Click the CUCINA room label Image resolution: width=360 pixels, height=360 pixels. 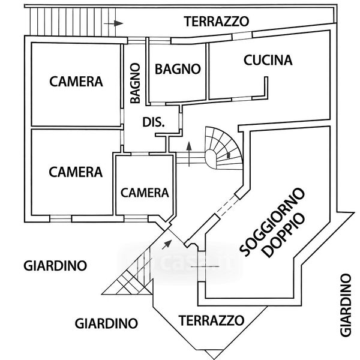(268, 60)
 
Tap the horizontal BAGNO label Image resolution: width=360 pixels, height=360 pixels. (177, 68)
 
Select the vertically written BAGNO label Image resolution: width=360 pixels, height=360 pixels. (136, 83)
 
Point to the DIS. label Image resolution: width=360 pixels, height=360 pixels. (154, 122)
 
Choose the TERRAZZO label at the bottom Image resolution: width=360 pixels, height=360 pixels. (211, 319)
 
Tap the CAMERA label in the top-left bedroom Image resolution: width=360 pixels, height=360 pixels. (76, 82)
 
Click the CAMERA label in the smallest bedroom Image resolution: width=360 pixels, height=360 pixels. (145, 193)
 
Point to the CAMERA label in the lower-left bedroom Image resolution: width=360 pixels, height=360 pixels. (76, 172)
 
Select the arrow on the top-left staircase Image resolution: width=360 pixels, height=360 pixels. (113, 23)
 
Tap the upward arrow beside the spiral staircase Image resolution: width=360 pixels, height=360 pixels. (190, 152)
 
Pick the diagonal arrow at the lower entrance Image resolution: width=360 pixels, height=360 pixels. (166, 243)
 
